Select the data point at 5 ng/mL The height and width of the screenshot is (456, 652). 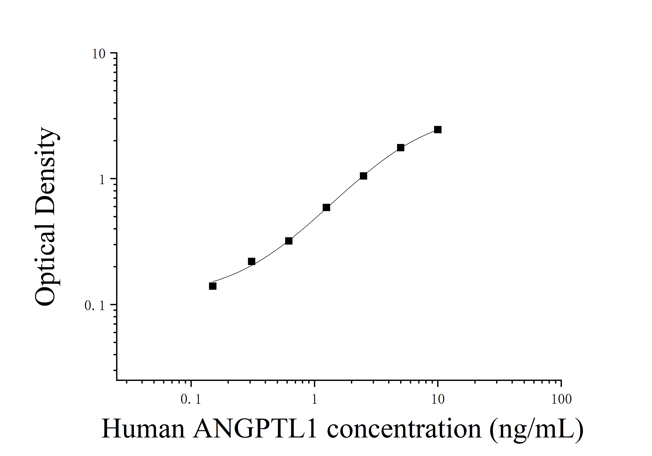click(x=400, y=147)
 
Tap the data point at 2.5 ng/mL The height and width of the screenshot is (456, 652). click(x=363, y=176)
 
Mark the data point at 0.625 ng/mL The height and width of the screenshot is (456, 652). click(x=289, y=241)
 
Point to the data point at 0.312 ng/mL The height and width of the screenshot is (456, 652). click(x=251, y=261)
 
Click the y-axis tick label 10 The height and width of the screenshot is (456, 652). click(x=99, y=54)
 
